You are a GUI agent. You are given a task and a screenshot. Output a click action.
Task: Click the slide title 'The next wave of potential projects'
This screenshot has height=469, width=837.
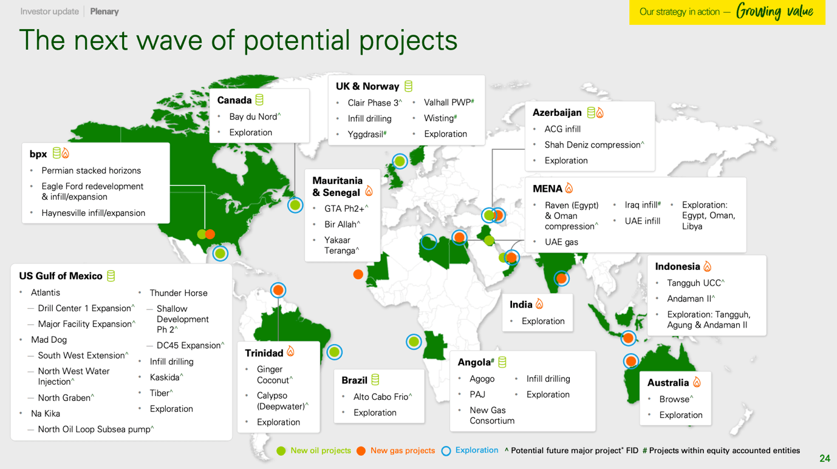tap(238, 41)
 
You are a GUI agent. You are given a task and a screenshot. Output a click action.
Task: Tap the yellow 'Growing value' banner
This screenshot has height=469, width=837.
tap(726, 12)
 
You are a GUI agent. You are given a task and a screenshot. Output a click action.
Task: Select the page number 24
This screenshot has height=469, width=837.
tap(824, 459)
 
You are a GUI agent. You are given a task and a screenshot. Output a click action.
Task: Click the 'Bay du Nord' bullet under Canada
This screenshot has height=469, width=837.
tap(253, 116)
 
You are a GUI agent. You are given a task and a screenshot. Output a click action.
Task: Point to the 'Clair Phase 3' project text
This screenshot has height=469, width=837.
tap(373, 103)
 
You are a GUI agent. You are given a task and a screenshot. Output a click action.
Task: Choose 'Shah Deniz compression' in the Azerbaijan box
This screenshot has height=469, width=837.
tap(592, 145)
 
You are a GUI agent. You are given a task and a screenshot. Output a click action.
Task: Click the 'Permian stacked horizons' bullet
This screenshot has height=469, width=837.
tap(91, 171)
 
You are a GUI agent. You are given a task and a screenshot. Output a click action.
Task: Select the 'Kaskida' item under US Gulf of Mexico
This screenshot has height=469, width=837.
tap(165, 377)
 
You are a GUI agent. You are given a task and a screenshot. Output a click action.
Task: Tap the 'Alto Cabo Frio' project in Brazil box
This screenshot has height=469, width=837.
tap(381, 397)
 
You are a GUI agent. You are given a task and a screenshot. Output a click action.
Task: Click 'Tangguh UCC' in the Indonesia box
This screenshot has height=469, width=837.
tap(694, 283)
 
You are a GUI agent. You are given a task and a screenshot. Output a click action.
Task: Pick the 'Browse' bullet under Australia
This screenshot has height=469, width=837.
tap(674, 399)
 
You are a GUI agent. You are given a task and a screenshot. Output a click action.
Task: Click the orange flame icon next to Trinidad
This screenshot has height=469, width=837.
tap(291, 352)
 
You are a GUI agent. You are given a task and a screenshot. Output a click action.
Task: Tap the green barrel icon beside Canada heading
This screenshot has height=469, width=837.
tap(260, 100)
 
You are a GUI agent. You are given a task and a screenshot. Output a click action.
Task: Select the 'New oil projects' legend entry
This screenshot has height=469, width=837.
tap(320, 451)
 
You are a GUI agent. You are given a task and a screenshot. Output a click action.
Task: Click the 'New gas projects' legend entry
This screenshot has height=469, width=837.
tap(402, 451)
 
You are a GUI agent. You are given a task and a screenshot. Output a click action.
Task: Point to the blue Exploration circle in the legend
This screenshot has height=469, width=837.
tap(446, 451)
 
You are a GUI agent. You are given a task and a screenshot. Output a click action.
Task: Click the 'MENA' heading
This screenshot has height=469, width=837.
tap(547, 189)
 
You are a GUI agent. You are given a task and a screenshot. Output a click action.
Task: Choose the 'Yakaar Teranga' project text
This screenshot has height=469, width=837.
tap(340, 245)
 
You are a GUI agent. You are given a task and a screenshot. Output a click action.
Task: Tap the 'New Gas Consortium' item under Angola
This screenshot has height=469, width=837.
tap(491, 416)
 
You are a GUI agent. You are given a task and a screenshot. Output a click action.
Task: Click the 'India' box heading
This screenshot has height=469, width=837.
tap(521, 305)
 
